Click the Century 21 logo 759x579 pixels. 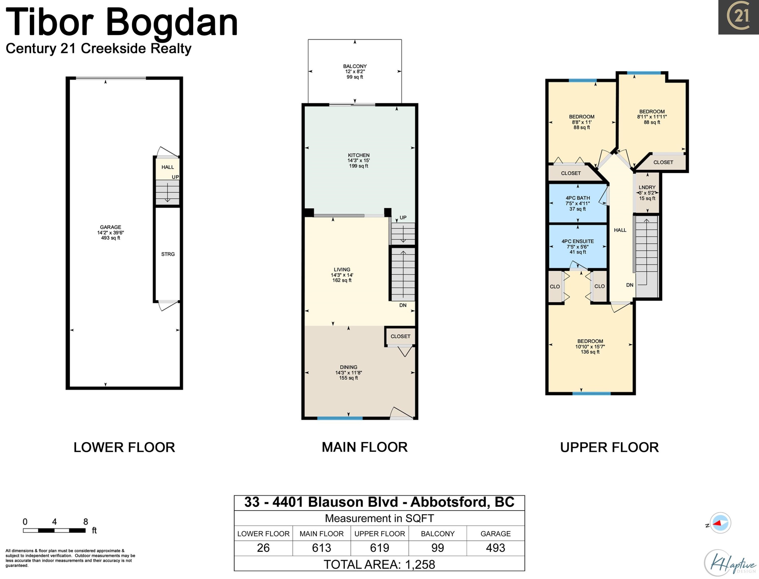738,17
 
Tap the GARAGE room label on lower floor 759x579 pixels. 111,227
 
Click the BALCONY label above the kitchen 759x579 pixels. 355,66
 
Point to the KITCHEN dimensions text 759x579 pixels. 359,161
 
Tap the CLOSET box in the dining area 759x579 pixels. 400,336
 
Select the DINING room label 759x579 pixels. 348,367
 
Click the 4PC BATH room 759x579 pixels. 578,203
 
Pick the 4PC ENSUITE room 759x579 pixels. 578,246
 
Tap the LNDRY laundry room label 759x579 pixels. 647,188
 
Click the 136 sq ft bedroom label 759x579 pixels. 590,346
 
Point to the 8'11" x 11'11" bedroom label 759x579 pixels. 651,117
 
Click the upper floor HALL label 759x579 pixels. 620,230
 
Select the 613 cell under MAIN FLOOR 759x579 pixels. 321,548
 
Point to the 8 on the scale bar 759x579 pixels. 86,522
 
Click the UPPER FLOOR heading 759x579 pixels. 609,448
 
